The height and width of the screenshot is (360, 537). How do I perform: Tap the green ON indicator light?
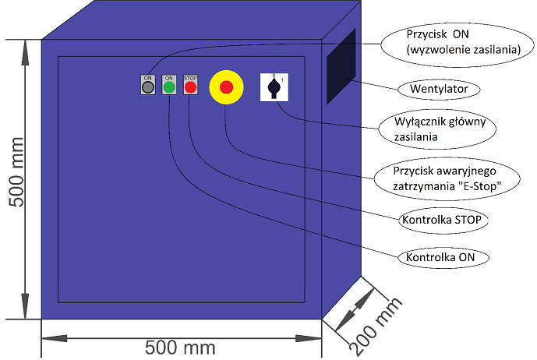point(169,87)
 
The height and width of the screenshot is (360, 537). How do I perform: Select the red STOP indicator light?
point(190,87)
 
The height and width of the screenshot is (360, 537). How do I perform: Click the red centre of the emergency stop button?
point(226,87)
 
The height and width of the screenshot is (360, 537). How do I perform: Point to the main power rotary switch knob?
point(274,88)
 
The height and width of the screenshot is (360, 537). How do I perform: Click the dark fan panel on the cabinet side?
point(341,66)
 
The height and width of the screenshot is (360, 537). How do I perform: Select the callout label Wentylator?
point(439,89)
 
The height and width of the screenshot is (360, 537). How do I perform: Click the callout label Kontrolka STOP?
point(442,220)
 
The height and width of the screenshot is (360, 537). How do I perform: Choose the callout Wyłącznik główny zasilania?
point(437,129)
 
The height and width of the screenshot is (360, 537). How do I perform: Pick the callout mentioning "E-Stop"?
point(447,178)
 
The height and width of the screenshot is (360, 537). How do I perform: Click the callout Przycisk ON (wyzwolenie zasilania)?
point(458,42)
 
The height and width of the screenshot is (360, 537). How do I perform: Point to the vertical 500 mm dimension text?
point(16,172)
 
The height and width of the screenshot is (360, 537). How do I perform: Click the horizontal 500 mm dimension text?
point(180,348)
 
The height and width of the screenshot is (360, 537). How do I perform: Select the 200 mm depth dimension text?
point(376,326)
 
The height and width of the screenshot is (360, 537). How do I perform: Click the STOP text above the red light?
point(190,78)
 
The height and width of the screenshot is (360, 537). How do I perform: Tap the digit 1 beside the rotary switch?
point(282,80)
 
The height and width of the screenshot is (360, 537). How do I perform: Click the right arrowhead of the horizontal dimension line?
point(309,338)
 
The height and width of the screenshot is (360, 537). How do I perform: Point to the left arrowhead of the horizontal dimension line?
point(55,338)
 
